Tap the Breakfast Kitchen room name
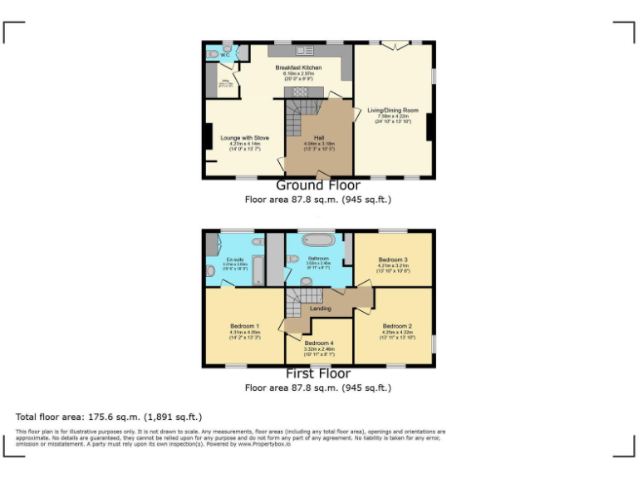click(299, 67)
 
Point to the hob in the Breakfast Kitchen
click(297, 92)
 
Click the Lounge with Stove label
click(244, 137)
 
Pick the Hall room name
click(319, 137)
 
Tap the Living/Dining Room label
click(393, 110)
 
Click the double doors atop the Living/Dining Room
click(395, 44)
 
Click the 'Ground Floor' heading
click(318, 185)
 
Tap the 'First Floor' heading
click(318, 373)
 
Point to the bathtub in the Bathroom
click(320, 242)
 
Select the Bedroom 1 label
click(245, 326)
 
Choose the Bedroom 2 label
click(397, 326)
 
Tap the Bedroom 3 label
click(393, 259)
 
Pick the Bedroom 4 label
click(319, 343)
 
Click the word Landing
click(320, 309)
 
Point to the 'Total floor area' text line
click(109, 417)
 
